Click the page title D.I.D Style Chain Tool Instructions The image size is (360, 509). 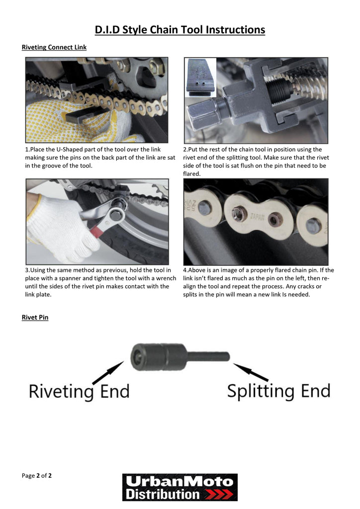(x=180, y=30)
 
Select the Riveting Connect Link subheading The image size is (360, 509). (x=54, y=48)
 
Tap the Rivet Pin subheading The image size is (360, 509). (x=35, y=317)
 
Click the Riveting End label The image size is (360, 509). (x=79, y=391)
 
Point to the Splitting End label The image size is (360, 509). (x=278, y=391)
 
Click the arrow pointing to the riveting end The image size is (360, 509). (x=107, y=373)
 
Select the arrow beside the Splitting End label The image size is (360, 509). (x=251, y=372)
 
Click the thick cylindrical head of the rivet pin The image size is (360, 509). (x=157, y=356)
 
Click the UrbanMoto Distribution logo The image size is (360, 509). (x=180, y=487)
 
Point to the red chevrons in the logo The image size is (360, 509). (x=219, y=494)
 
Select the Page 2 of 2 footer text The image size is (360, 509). (x=37, y=476)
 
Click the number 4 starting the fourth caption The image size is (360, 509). (x=185, y=270)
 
